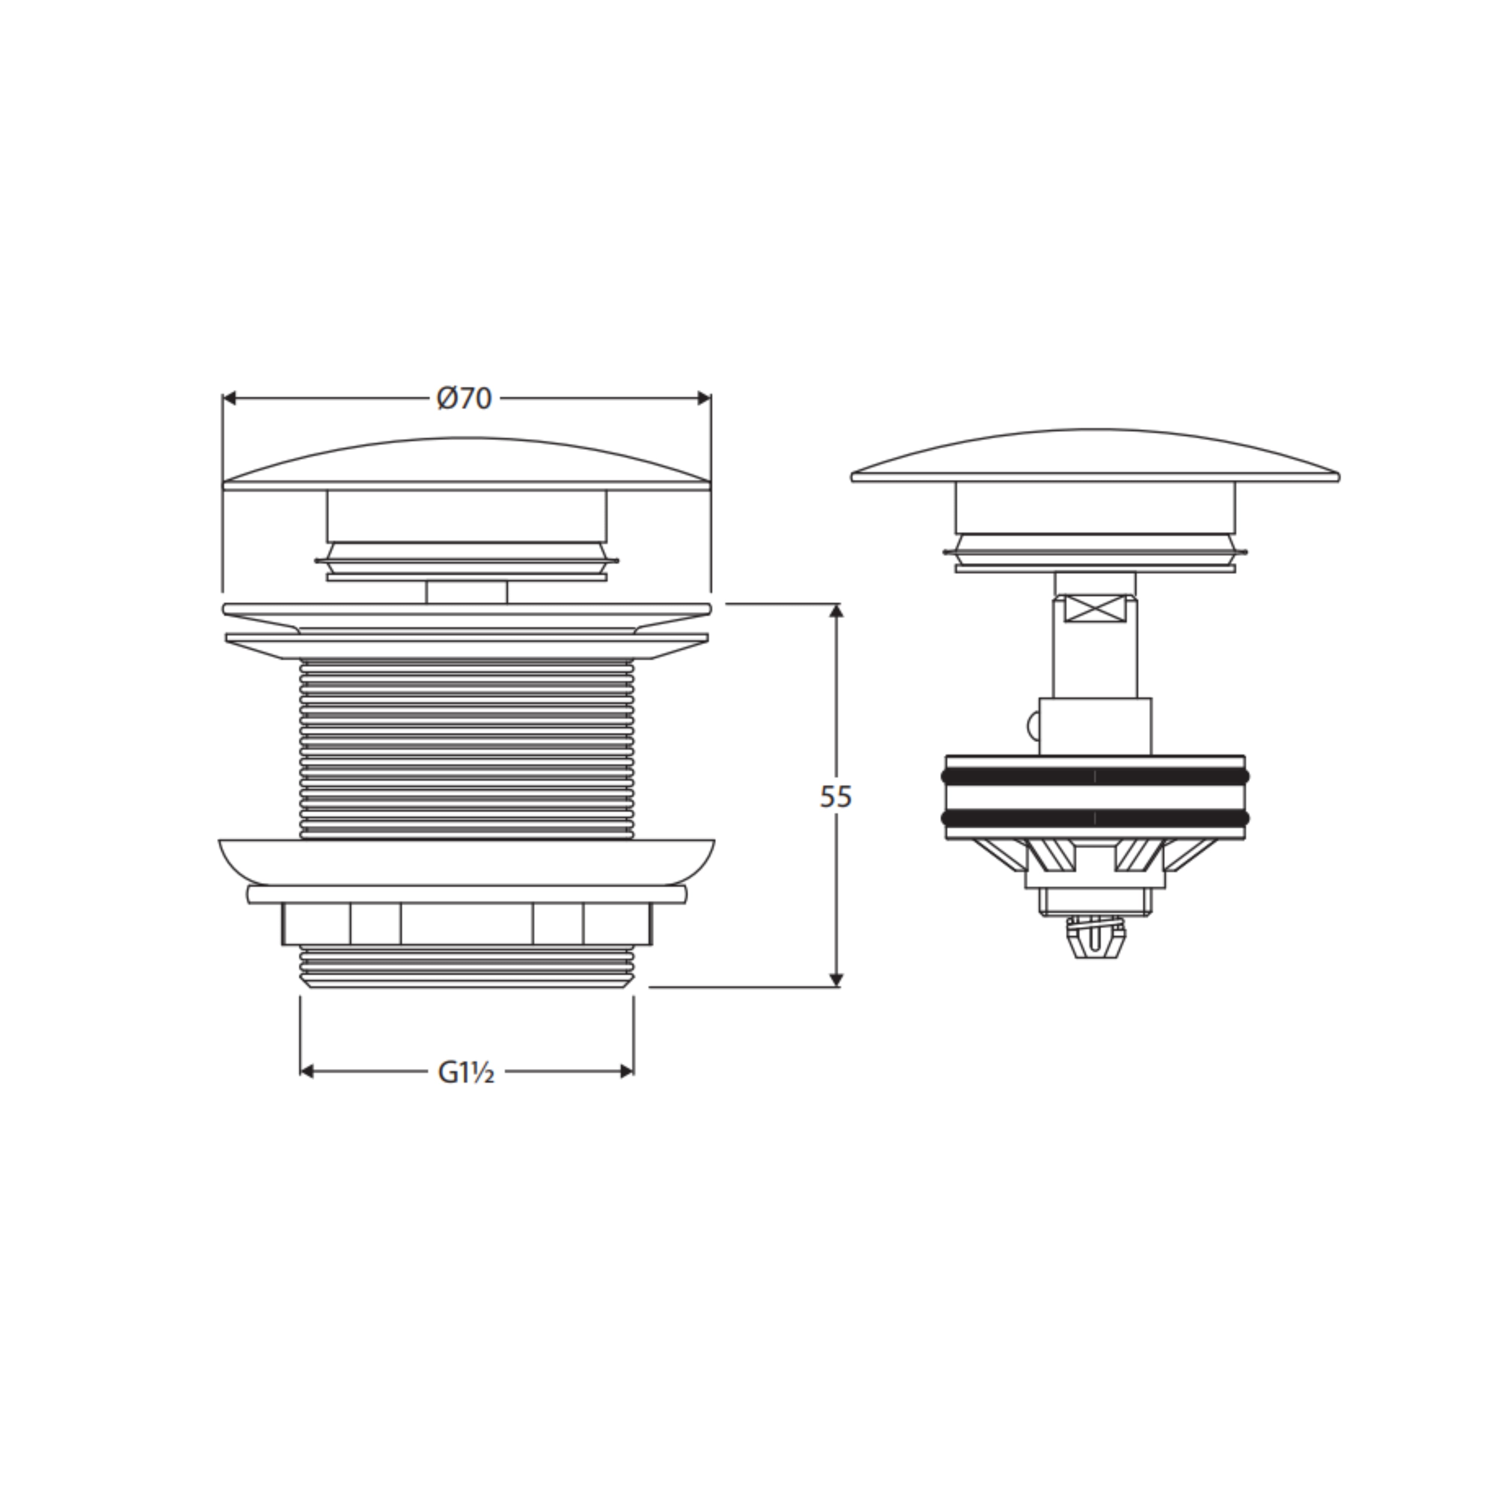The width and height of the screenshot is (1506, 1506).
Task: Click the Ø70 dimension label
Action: [465, 398]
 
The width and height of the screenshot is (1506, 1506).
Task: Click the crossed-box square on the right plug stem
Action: [1095, 609]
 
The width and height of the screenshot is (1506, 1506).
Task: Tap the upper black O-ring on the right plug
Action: [1095, 776]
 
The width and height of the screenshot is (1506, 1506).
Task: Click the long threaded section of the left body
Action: [466, 748]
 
